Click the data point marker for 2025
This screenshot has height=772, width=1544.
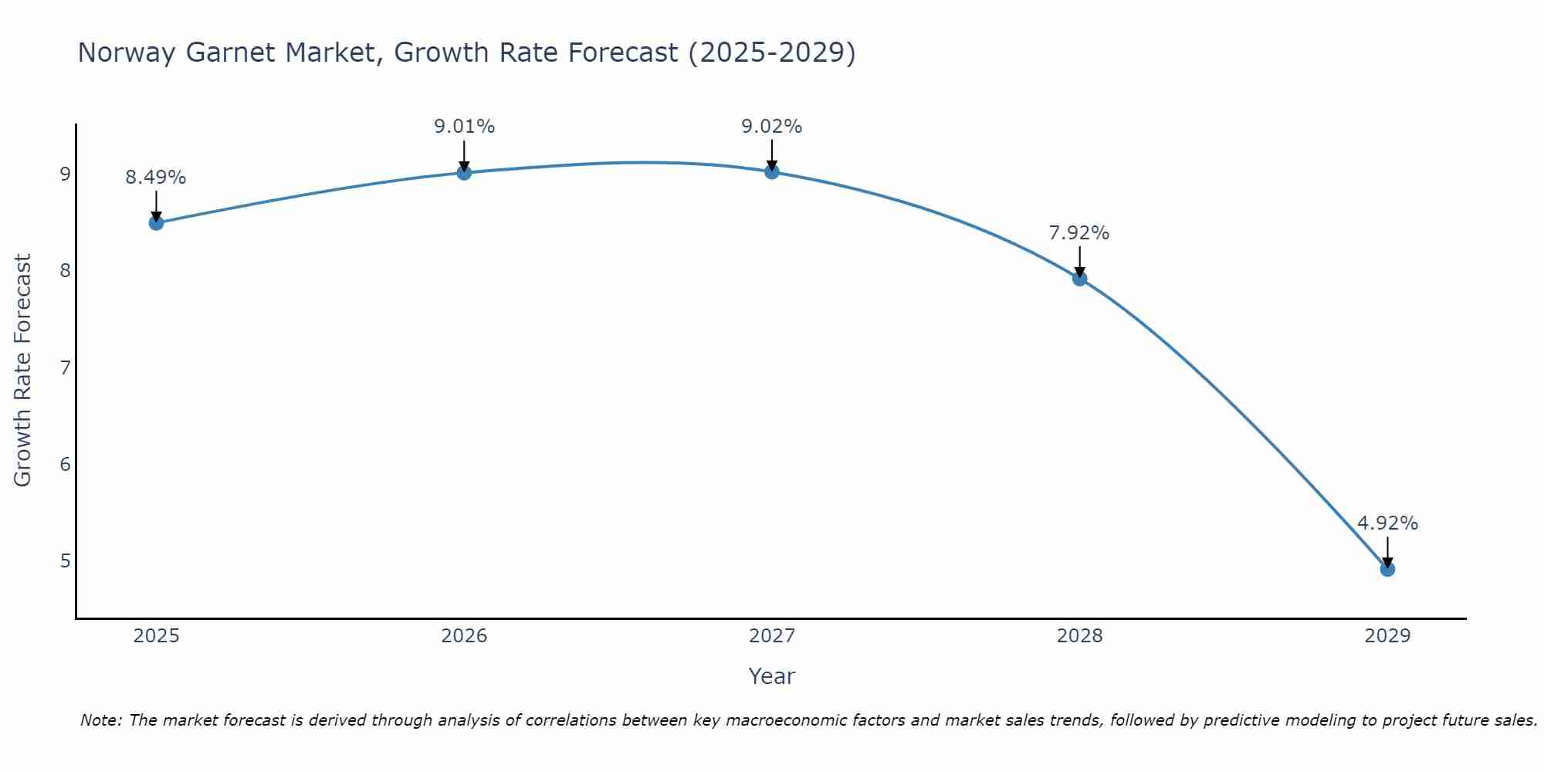tap(156, 223)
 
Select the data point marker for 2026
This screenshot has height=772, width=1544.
tap(464, 172)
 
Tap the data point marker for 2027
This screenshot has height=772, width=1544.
tap(772, 171)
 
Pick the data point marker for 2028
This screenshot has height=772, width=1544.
tap(1080, 279)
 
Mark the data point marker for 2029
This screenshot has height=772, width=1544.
tap(1387, 569)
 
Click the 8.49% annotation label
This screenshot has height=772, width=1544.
tap(156, 178)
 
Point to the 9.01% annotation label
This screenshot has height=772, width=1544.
tap(464, 127)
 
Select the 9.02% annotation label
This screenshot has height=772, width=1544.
tap(772, 127)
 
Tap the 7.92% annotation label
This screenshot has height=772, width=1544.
tap(1079, 233)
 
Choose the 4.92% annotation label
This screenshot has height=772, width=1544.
tap(1387, 523)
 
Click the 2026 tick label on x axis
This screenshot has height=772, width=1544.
tap(464, 636)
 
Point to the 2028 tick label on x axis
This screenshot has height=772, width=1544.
tap(1079, 636)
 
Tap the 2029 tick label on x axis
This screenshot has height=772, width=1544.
tap(1387, 636)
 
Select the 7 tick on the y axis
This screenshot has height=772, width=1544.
tap(65, 367)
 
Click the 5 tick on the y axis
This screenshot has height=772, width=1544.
tap(65, 560)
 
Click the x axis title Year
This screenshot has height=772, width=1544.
tap(771, 676)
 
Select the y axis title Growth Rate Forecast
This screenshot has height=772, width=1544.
tap(23, 371)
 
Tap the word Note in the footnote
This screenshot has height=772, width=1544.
tap(100, 720)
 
